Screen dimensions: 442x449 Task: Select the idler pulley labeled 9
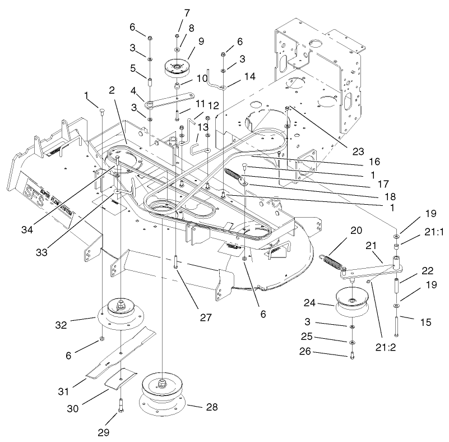(x=177, y=68)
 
